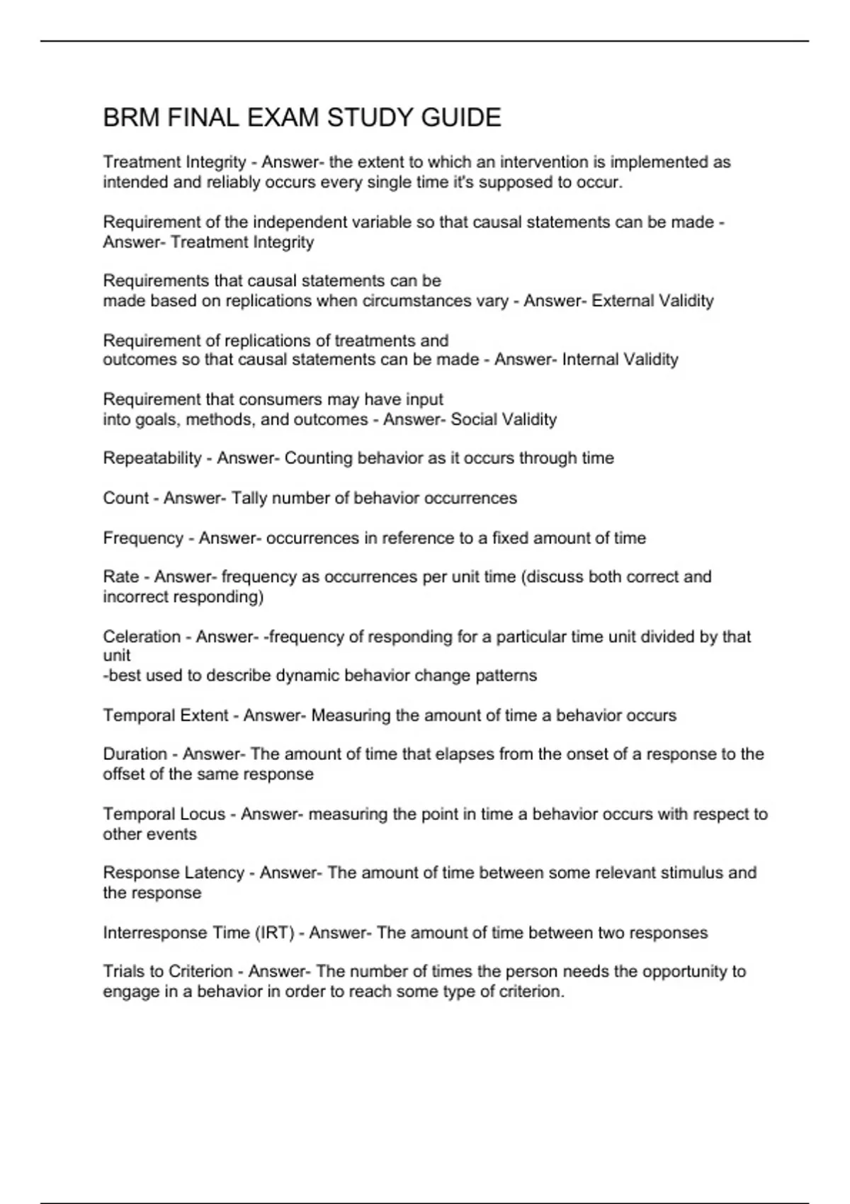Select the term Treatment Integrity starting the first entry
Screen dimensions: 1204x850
tap(174, 162)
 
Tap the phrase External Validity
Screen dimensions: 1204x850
tap(652, 301)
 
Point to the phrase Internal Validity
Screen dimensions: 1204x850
tap(620, 360)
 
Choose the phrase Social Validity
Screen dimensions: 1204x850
tap(504, 419)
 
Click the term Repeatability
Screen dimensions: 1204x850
tap(152, 458)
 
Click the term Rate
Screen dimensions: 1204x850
tap(120, 577)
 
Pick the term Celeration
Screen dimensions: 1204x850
tap(142, 637)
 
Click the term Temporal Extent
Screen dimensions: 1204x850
tap(166, 715)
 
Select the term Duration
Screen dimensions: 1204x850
tap(135, 754)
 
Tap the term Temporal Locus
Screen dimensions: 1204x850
tap(164, 814)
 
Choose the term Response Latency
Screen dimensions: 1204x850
tap(174, 873)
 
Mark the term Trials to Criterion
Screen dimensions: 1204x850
tap(168, 971)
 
